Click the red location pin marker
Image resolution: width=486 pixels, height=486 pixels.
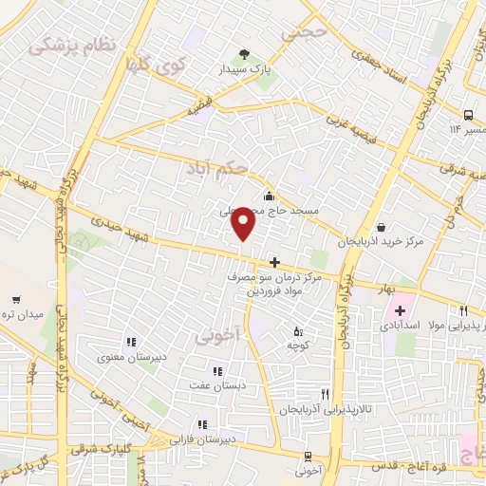click(245, 223)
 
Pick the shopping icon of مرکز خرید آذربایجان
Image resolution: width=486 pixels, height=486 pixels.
click(381, 227)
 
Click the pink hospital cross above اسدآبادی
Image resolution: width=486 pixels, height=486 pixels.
click(400, 310)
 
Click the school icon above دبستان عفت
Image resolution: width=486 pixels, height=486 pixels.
click(216, 371)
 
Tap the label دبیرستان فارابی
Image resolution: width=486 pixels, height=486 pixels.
click(202, 440)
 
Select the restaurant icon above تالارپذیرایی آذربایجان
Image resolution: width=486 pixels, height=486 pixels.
click(325, 393)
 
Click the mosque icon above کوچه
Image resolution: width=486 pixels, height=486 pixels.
click(299, 331)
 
